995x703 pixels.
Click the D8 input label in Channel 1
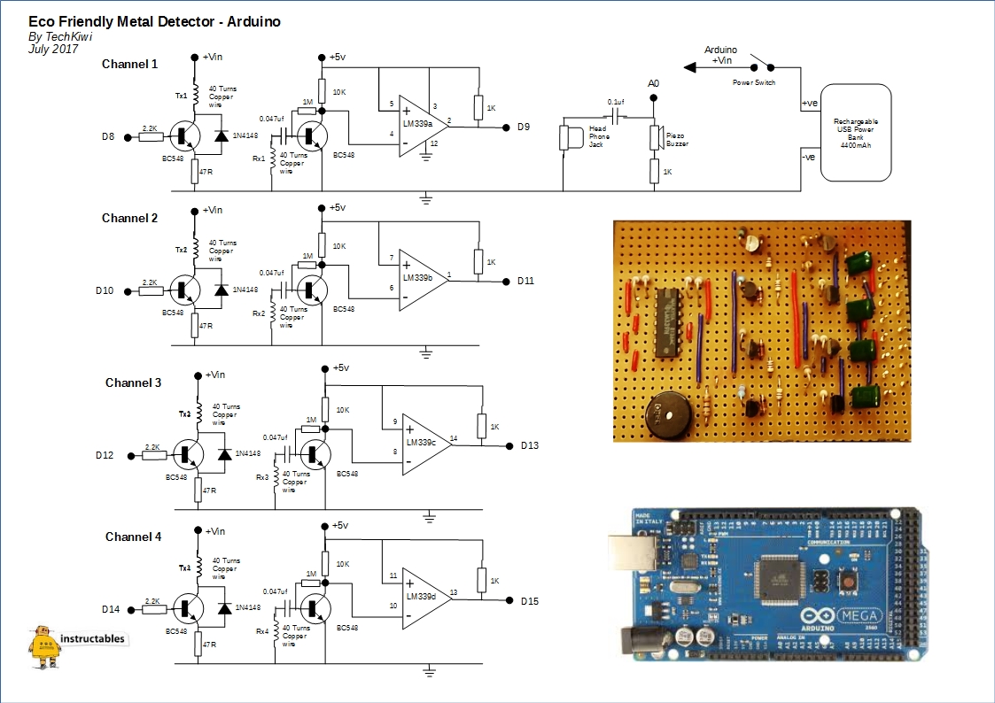point(108,136)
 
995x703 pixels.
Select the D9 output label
point(524,127)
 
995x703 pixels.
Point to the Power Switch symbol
point(761,66)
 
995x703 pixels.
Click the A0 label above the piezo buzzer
point(654,83)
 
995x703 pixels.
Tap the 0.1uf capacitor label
point(617,103)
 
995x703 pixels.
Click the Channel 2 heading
point(130,218)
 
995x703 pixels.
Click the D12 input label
point(105,455)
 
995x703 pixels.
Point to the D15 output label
point(530,602)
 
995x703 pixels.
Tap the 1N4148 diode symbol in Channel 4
point(222,607)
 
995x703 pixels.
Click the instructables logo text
point(92,638)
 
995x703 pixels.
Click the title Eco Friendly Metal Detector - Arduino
point(154,21)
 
